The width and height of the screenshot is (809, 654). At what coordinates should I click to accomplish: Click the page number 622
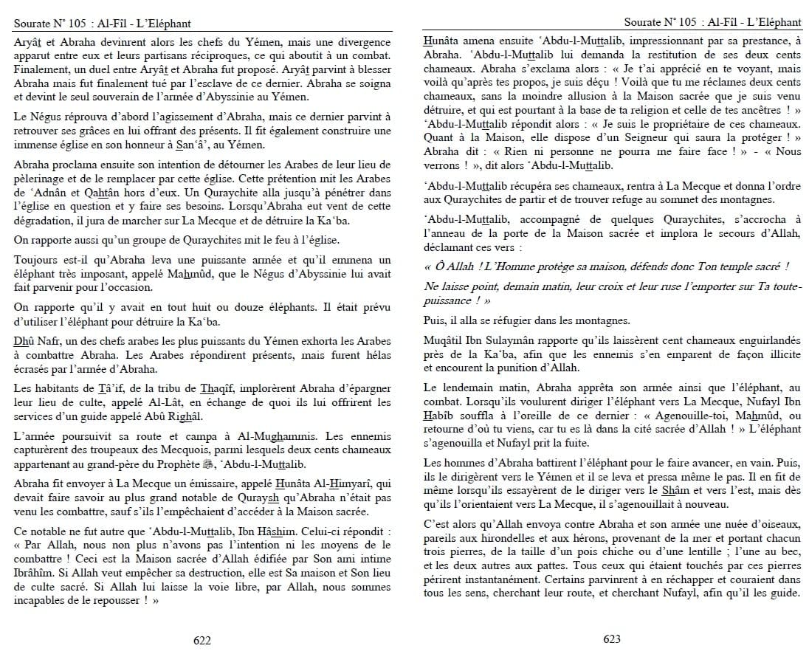[202, 641]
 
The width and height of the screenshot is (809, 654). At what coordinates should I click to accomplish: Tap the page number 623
[611, 639]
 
